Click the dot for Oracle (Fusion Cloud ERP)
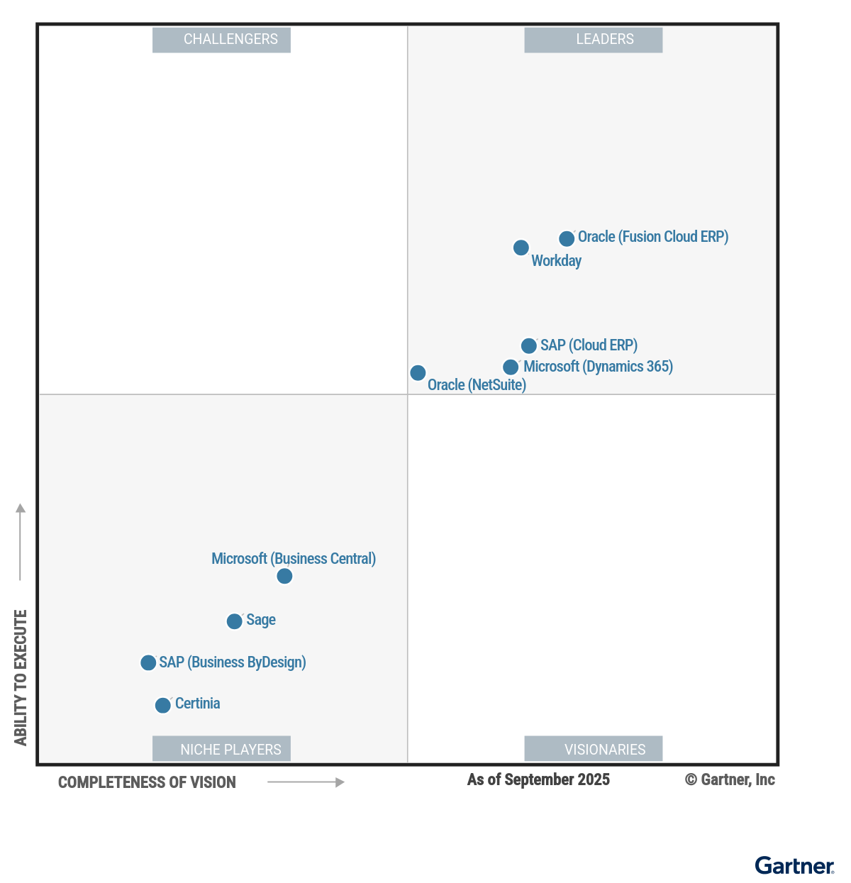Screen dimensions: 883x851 pyautogui.click(x=566, y=239)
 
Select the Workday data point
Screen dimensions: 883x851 pyautogui.click(x=521, y=248)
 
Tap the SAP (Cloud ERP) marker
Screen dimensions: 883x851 pyautogui.click(x=528, y=346)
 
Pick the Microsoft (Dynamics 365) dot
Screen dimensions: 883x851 pyautogui.click(x=511, y=367)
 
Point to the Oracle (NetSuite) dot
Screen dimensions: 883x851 pyautogui.click(x=418, y=373)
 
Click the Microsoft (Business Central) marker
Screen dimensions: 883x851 pyautogui.click(x=284, y=576)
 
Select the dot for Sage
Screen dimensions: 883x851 pyautogui.click(x=234, y=622)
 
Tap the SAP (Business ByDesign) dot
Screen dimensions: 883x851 pyautogui.click(x=148, y=662)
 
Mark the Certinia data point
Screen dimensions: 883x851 pyautogui.click(x=163, y=705)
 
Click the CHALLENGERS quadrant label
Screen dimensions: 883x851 pyautogui.click(x=221, y=40)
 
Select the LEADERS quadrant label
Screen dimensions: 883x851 pyautogui.click(x=593, y=40)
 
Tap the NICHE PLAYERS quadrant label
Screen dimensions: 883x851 pyautogui.click(x=221, y=749)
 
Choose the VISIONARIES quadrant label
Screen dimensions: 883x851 pyautogui.click(x=593, y=749)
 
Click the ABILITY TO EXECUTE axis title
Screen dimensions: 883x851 pyautogui.click(x=21, y=677)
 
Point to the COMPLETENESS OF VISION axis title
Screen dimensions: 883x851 pyautogui.click(x=147, y=782)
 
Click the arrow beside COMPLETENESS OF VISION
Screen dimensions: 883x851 pyautogui.click(x=306, y=782)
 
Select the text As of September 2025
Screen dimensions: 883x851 pyautogui.click(x=538, y=779)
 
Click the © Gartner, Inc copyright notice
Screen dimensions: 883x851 pyautogui.click(x=730, y=779)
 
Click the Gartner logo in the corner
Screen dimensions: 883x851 pyautogui.click(x=794, y=865)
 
